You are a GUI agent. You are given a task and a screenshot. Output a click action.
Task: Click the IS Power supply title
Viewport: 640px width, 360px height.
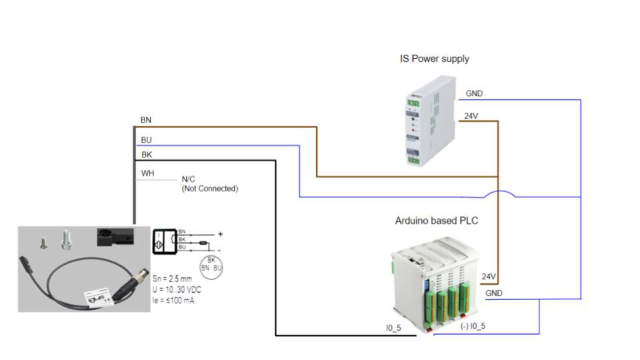pyautogui.click(x=434, y=59)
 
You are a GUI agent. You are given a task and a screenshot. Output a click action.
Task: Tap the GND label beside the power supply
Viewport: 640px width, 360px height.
pyautogui.click(x=474, y=94)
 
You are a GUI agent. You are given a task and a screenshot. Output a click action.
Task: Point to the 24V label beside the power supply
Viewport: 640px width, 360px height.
pyautogui.click(x=471, y=116)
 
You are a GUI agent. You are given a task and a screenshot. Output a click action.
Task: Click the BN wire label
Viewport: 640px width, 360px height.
pyautogui.click(x=146, y=120)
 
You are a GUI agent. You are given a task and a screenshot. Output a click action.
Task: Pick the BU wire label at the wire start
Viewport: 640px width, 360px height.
pyautogui.click(x=146, y=141)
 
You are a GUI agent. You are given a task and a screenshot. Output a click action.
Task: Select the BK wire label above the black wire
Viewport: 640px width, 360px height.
pyautogui.click(x=146, y=155)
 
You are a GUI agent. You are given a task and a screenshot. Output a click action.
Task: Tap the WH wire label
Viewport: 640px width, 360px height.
pyautogui.click(x=147, y=173)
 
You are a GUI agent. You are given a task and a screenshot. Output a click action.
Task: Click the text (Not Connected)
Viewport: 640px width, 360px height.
pyautogui.click(x=209, y=189)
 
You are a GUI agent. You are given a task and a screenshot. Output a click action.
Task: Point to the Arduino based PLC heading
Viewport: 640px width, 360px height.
pyautogui.click(x=437, y=221)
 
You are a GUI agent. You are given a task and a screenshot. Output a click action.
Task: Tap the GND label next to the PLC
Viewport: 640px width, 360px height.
pyautogui.click(x=494, y=293)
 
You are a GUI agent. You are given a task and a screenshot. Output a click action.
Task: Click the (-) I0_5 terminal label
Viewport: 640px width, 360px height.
pyautogui.click(x=473, y=327)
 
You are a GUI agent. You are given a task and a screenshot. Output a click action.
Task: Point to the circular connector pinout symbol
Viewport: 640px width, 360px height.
pyautogui.click(x=212, y=264)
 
